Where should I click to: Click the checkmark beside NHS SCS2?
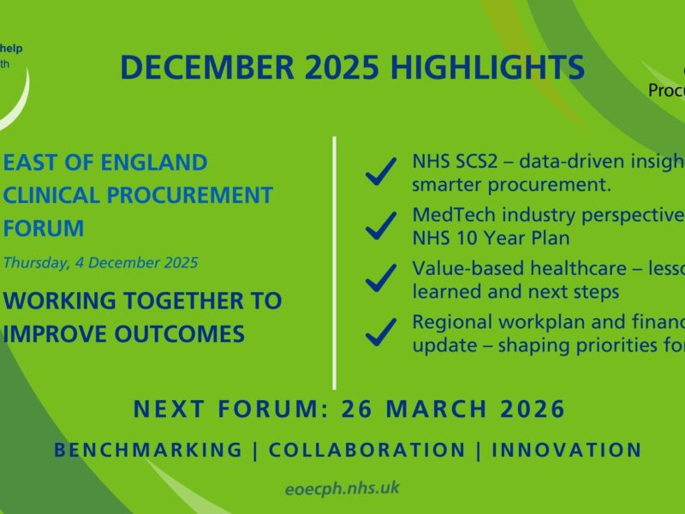pos(380,171)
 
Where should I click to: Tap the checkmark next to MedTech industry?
pos(380,224)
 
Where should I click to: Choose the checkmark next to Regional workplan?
pos(380,332)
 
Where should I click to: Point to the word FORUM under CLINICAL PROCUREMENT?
pos(44,229)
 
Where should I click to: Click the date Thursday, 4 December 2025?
pos(100,262)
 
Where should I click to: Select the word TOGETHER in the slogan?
pos(164,301)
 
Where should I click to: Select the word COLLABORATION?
pos(367,450)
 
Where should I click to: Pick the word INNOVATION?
pos(567,450)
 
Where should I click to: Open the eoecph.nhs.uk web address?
pos(342,488)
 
